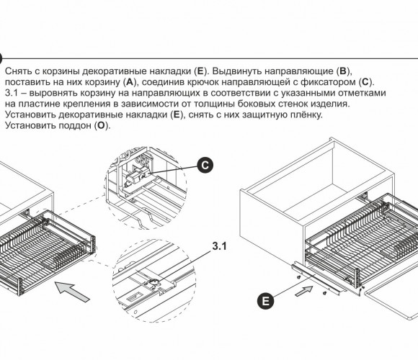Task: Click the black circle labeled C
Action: click(205, 165)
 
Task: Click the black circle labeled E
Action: click(265, 301)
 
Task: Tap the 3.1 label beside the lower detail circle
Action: click(219, 246)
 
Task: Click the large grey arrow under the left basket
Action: click(72, 292)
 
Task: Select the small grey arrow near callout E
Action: click(304, 291)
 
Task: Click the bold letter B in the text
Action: click(342, 71)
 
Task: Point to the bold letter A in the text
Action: click(129, 82)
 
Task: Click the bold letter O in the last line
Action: click(101, 125)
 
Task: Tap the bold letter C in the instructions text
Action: click(365, 82)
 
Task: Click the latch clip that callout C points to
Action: click(135, 176)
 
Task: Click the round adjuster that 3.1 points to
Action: click(154, 283)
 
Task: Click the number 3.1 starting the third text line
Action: click(12, 93)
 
